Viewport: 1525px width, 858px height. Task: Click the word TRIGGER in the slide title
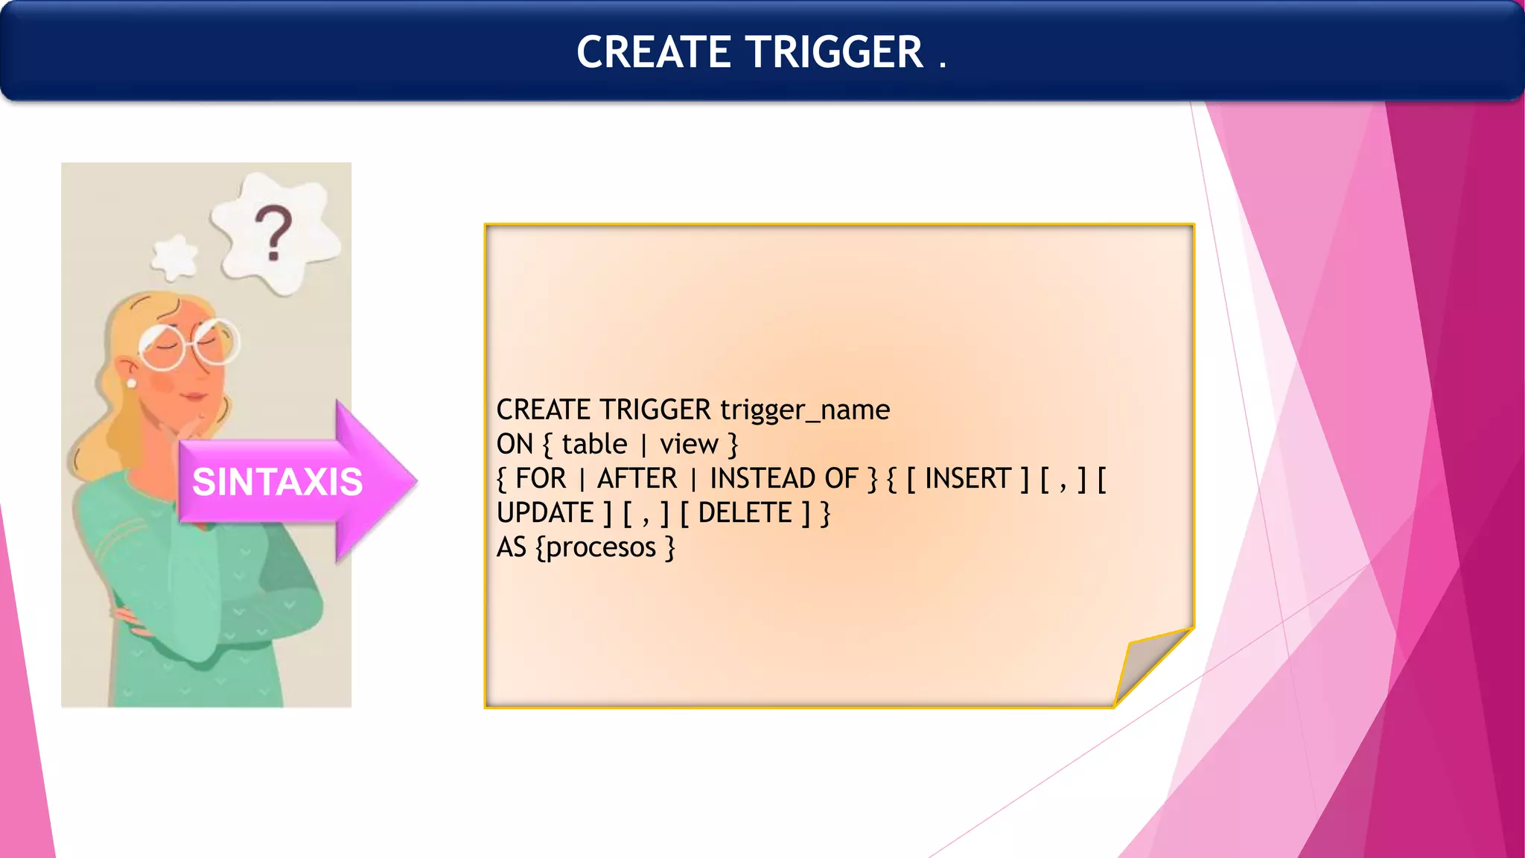[835, 52]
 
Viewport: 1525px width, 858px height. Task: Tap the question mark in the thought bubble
[273, 232]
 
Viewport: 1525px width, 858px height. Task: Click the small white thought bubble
[175, 258]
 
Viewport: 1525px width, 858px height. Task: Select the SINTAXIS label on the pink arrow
[277, 482]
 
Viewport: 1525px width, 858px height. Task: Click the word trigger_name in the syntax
[805, 410]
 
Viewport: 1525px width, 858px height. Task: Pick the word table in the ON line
[594, 445]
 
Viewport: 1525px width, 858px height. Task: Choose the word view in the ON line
[689, 445]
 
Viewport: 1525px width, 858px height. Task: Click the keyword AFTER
[637, 479]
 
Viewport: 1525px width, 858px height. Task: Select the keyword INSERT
[967, 479]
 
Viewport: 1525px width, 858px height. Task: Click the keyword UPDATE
[545, 513]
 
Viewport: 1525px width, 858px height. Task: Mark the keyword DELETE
[745, 513]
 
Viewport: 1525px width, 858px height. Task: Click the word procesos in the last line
[601, 548]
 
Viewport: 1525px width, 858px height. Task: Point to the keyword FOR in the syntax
[541, 479]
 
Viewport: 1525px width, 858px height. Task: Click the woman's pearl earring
[132, 383]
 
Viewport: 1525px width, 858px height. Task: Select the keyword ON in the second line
[515, 445]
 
